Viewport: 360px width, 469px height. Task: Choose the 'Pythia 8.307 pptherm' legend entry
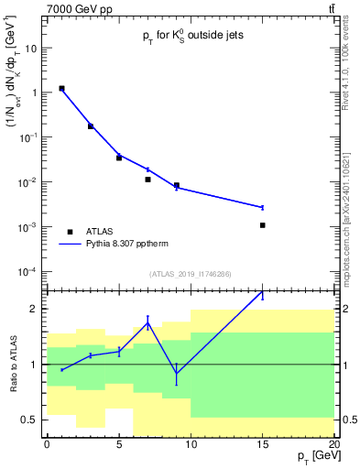(x=119, y=245)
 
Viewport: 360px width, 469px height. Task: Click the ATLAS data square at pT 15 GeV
(x=263, y=225)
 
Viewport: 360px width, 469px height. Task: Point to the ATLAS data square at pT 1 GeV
(x=61, y=89)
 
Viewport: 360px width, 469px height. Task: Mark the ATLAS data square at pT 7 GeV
(x=147, y=180)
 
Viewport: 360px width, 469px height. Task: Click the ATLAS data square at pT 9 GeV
(x=177, y=185)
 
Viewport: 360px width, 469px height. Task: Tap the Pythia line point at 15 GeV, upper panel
(x=263, y=207)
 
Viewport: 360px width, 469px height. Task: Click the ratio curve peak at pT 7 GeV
(x=147, y=322)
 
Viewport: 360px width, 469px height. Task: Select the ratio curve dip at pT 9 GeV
(x=177, y=373)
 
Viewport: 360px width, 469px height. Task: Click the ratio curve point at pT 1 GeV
(x=61, y=369)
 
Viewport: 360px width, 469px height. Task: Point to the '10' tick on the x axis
(x=191, y=444)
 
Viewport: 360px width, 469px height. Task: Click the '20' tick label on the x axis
(x=334, y=444)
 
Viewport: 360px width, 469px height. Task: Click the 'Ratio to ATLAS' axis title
(x=13, y=364)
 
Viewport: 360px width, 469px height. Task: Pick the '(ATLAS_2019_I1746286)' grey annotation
(x=191, y=274)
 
